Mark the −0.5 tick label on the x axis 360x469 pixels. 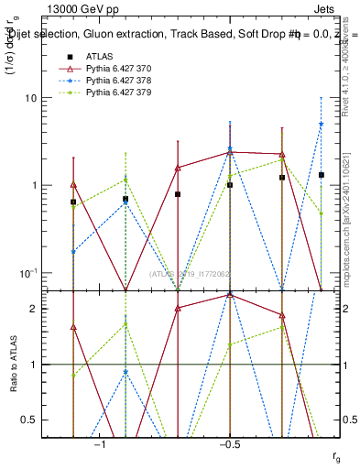[x=229, y=444]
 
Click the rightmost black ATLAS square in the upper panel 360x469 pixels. [x=322, y=174]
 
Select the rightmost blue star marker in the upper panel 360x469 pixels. [x=322, y=124]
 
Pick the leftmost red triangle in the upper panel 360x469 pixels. [x=73, y=184]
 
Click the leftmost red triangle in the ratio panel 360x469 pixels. [x=73, y=327]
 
